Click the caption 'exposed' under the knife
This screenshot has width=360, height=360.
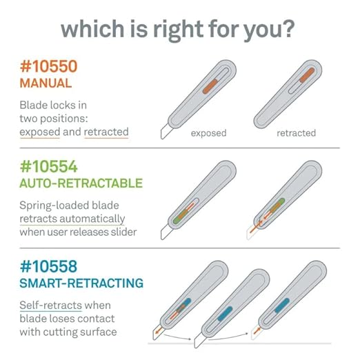(x=208, y=133)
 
